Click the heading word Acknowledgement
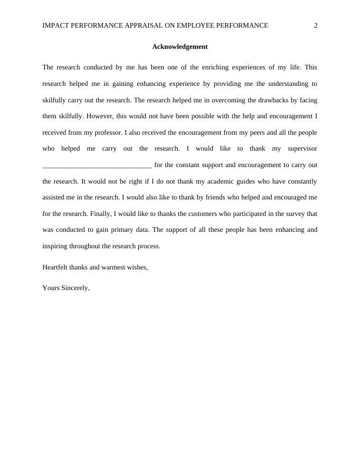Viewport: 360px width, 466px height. point(180,46)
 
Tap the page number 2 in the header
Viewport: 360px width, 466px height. point(316,25)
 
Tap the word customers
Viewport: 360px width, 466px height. point(191,214)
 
